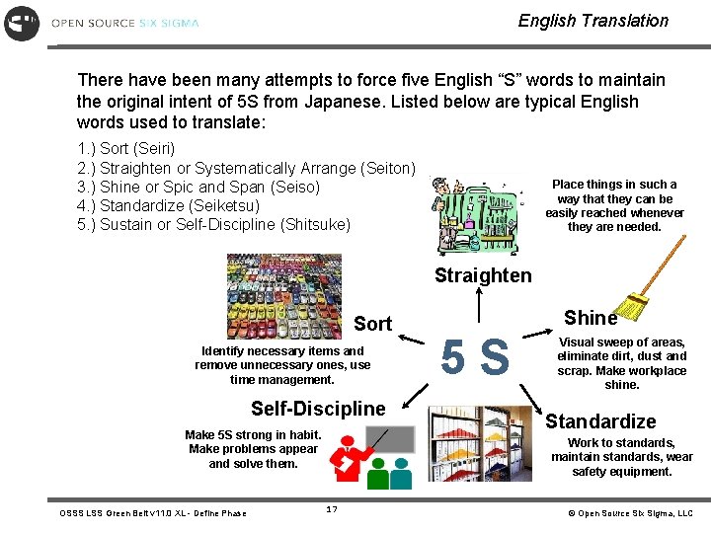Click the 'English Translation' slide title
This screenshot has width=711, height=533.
[x=592, y=21]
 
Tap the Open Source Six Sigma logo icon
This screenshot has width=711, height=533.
[x=22, y=22]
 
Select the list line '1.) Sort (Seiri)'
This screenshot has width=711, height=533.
[x=125, y=148]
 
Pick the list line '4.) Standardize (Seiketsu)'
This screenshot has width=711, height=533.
[x=168, y=205]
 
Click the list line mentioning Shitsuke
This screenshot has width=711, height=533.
[x=213, y=224]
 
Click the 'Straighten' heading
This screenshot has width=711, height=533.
[x=483, y=275]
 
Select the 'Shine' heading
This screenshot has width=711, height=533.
[x=590, y=317]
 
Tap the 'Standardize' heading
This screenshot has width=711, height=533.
[x=600, y=421]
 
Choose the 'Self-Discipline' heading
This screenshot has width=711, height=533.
[x=318, y=409]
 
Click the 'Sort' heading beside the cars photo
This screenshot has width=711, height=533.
[x=372, y=323]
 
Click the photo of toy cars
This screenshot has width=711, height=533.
[x=284, y=296]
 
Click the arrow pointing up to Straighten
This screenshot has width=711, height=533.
[x=479, y=305]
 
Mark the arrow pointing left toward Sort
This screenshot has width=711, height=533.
[x=416, y=342]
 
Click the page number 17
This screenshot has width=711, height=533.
[x=332, y=508]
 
